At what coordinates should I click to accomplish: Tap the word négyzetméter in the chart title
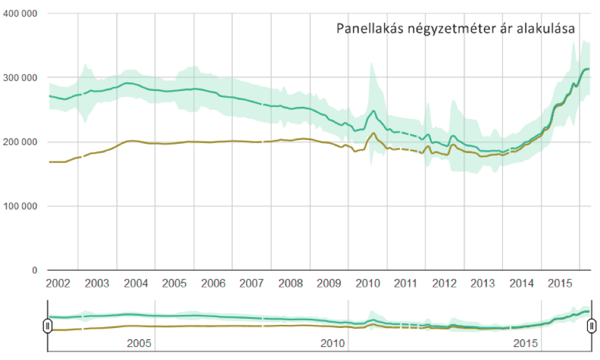coord(444,29)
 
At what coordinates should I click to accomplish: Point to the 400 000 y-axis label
coord(20,14)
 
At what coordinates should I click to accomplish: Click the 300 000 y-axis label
coord(20,78)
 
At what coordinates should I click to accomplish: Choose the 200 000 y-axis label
coord(20,142)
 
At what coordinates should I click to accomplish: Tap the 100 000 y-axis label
coord(20,206)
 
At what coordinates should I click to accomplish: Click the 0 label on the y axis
coord(34,270)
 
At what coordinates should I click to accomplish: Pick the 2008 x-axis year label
coord(290,284)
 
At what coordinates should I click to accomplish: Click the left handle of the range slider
coord(48,326)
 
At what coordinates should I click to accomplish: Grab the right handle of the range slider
coord(591,326)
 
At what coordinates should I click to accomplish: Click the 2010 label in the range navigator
coord(333,343)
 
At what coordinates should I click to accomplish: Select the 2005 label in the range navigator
coord(139,343)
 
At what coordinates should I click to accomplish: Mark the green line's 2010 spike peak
coord(373,111)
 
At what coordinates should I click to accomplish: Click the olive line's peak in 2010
coord(374,133)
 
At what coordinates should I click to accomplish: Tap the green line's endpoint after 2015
coord(588,69)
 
